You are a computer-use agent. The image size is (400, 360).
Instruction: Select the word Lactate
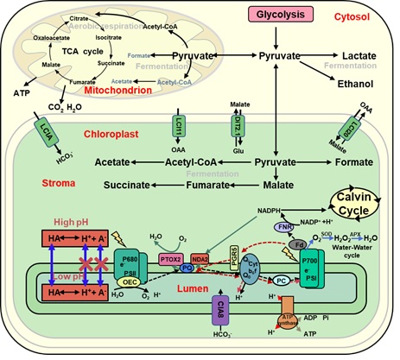tap(359, 55)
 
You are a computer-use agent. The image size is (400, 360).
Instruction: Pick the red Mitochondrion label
tap(111, 87)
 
